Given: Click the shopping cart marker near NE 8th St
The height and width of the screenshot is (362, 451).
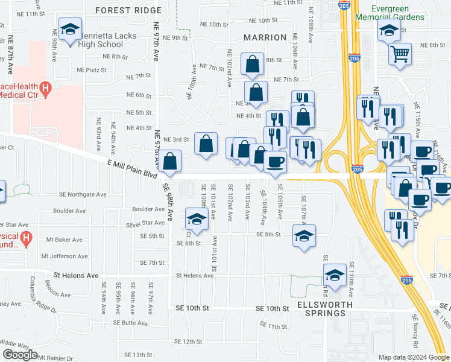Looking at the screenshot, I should pyautogui.click(x=400, y=55).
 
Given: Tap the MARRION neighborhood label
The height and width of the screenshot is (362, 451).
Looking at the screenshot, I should pyautogui.click(x=265, y=37).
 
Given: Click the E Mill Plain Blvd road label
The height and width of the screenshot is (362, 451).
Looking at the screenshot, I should pyautogui.click(x=132, y=168).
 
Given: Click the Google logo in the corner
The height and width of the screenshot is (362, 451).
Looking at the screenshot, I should pyautogui.click(x=20, y=354).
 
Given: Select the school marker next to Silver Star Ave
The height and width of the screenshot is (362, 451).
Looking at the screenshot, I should pyautogui.click(x=197, y=219).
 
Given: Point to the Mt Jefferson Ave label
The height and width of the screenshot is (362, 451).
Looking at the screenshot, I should pyautogui.click(x=65, y=256).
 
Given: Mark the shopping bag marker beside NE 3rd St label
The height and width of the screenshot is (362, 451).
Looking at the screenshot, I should pyautogui.click(x=206, y=144).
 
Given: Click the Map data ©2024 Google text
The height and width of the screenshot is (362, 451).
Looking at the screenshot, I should pyautogui.click(x=413, y=357).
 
